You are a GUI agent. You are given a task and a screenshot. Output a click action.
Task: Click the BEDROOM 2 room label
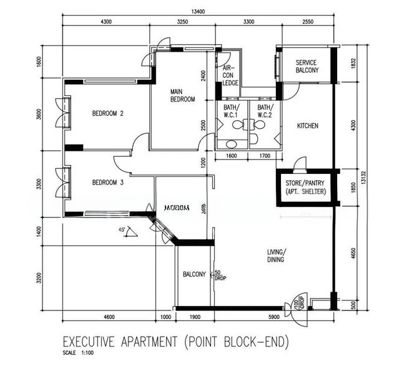tap(108, 113)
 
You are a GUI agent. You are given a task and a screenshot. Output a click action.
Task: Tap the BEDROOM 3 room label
tap(108, 182)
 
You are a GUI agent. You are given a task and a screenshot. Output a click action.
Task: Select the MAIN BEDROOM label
tap(183, 95)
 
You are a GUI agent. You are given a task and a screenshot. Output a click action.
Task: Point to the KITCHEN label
tap(307, 126)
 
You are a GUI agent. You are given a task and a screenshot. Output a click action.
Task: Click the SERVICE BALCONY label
tap(306, 67)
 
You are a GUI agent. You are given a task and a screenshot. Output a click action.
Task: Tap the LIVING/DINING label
tap(275, 256)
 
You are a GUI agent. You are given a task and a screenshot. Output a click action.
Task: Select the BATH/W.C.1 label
tap(231, 110)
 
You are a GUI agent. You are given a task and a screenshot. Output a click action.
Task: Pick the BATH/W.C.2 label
tap(265, 110)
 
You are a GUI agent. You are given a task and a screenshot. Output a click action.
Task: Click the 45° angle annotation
tap(122, 230)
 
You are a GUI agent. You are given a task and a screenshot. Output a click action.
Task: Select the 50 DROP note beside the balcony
tap(220, 275)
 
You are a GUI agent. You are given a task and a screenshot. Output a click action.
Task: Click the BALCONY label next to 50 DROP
tap(194, 274)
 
